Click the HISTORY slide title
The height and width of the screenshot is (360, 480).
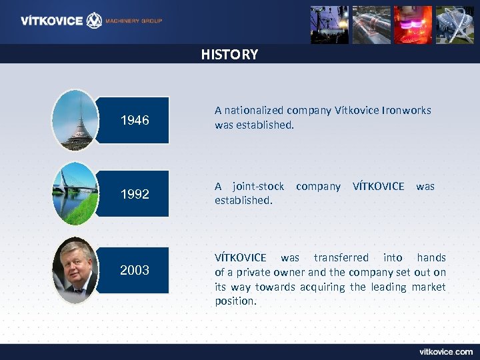pos(229,55)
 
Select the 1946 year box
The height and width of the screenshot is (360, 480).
pos(134,121)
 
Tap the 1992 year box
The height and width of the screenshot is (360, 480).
pos(134,194)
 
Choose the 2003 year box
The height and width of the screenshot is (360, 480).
pos(134,270)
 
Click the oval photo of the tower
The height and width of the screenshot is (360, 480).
pos(75,120)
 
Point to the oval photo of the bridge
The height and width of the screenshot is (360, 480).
pos(75,193)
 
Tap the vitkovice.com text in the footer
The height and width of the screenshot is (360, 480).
pos(445,351)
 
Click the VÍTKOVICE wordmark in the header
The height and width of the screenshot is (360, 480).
pos(51,21)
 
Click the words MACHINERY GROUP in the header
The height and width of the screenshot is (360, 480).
pos(135,21)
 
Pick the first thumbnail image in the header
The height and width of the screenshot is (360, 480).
pos(329,25)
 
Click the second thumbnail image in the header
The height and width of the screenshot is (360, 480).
pos(371,25)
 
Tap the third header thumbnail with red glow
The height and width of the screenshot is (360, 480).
pos(413,25)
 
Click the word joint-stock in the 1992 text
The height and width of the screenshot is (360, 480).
pos(258,187)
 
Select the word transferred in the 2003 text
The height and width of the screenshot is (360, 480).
pos(341,257)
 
